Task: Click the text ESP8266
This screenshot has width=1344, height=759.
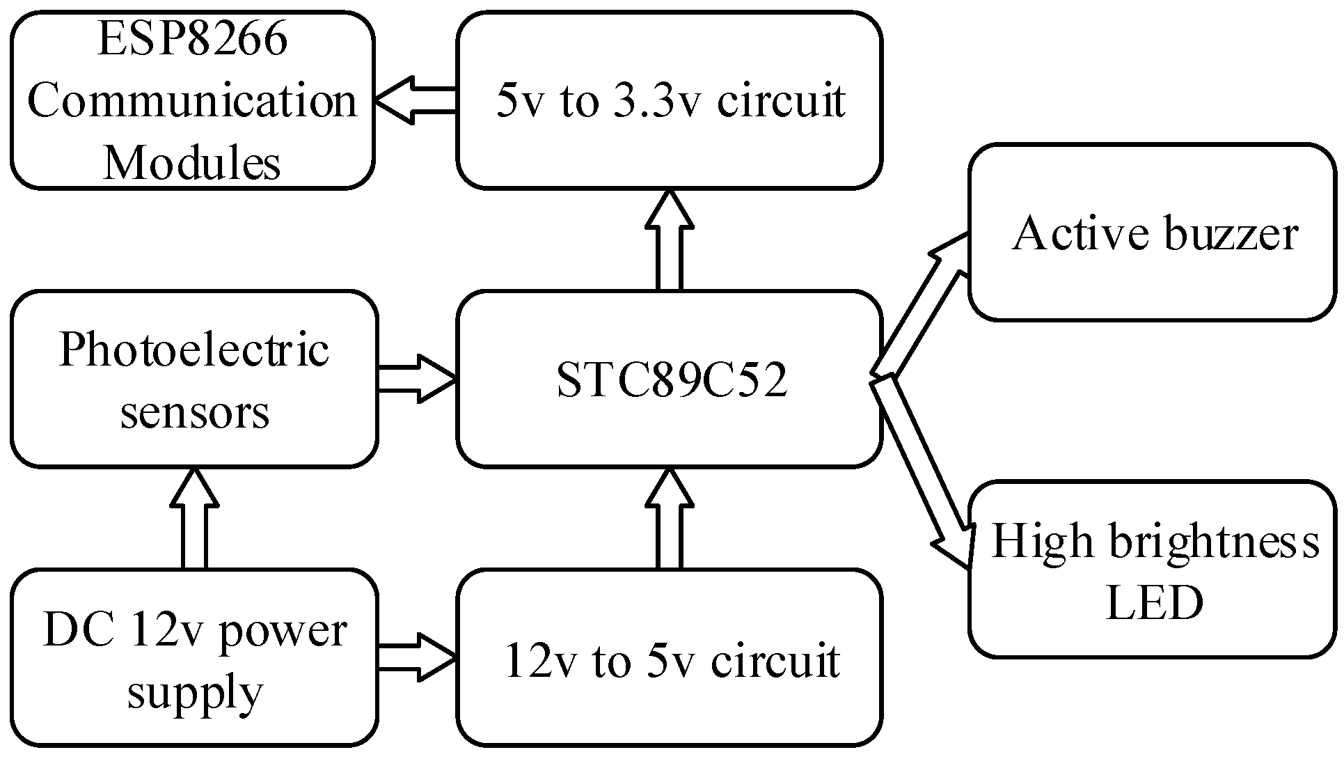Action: tap(192, 40)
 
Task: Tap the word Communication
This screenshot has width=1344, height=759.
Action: tap(192, 101)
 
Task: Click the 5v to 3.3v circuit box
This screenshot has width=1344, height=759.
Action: tap(670, 101)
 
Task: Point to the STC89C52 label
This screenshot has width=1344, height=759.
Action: tap(672, 381)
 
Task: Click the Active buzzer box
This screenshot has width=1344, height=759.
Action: tap(1153, 233)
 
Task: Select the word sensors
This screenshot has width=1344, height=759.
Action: tap(194, 412)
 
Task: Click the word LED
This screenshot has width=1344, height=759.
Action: tap(1154, 602)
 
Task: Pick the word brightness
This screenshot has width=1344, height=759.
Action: tap(1214, 541)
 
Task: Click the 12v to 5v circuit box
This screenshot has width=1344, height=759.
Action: tap(670, 659)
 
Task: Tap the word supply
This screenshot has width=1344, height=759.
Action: tap(194, 693)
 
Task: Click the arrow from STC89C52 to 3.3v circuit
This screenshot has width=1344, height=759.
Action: tap(669, 240)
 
